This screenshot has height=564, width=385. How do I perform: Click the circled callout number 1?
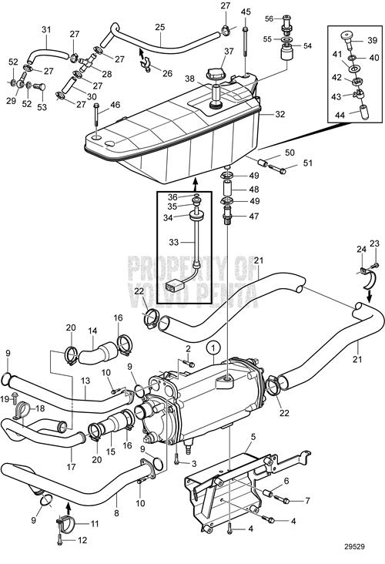(x=213, y=347)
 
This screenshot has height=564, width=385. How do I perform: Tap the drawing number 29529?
(x=354, y=547)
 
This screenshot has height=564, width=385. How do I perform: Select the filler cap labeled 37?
(x=216, y=74)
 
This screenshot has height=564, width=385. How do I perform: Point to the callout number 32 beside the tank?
(x=280, y=114)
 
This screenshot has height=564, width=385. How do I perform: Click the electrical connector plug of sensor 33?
(x=172, y=287)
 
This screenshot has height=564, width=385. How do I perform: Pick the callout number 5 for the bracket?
(x=253, y=437)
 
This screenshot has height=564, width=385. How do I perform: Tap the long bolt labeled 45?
(x=246, y=41)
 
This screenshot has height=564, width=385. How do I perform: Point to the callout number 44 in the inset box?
(x=340, y=115)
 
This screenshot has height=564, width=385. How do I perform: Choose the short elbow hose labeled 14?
(x=98, y=352)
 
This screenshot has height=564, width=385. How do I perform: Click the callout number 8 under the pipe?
(x=116, y=513)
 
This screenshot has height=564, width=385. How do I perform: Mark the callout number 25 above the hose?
(x=160, y=27)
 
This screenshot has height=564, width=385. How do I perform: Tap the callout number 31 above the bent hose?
(x=46, y=29)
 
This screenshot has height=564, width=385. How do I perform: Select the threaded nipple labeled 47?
(x=228, y=216)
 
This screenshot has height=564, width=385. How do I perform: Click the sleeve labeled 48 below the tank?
(x=228, y=189)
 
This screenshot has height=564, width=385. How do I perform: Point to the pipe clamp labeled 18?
(x=22, y=410)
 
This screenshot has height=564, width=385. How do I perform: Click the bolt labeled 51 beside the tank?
(x=277, y=169)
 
